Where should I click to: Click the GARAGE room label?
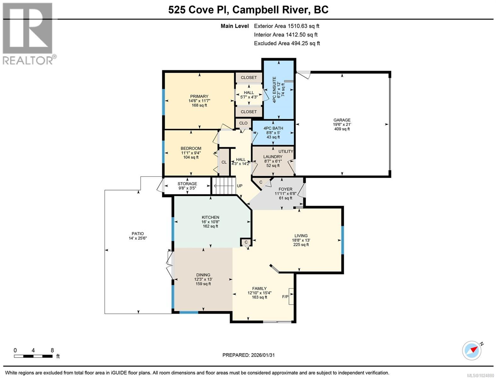coord(342,120)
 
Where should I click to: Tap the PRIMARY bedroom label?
coord(199,96)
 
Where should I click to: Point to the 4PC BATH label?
coord(273,128)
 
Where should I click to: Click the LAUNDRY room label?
coord(273,157)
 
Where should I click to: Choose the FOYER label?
coord(285,189)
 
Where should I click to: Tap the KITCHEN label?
coord(211,217)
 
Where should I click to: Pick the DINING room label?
coord(203,275)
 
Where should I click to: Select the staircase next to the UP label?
coord(224,186)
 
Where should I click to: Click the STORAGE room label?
coord(187,184)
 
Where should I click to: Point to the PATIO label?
coord(138,234)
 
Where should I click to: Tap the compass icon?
coord(472,350)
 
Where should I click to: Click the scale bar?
coord(33,356)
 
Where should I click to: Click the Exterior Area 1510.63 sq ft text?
coord(286,26)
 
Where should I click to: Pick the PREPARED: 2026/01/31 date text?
coord(248,355)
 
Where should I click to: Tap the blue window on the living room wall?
coord(342,240)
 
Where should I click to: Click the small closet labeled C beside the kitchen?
coord(246,242)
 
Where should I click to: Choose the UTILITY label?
coord(285,152)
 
